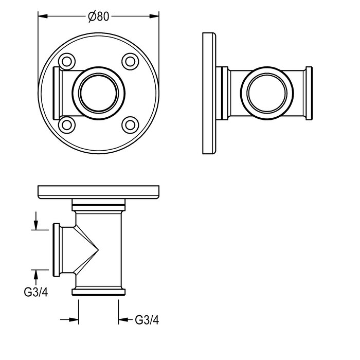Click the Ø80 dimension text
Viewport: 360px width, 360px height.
point(99,16)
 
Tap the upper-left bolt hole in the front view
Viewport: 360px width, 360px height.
point(67,62)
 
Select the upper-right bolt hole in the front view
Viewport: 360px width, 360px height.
point(130,62)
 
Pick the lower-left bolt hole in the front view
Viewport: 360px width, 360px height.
point(67,125)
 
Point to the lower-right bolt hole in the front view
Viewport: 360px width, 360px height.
point(130,125)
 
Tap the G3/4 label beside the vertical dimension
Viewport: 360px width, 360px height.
point(36,292)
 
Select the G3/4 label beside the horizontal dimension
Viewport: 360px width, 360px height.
point(147,320)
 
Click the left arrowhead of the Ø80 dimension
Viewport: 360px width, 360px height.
point(43,16)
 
